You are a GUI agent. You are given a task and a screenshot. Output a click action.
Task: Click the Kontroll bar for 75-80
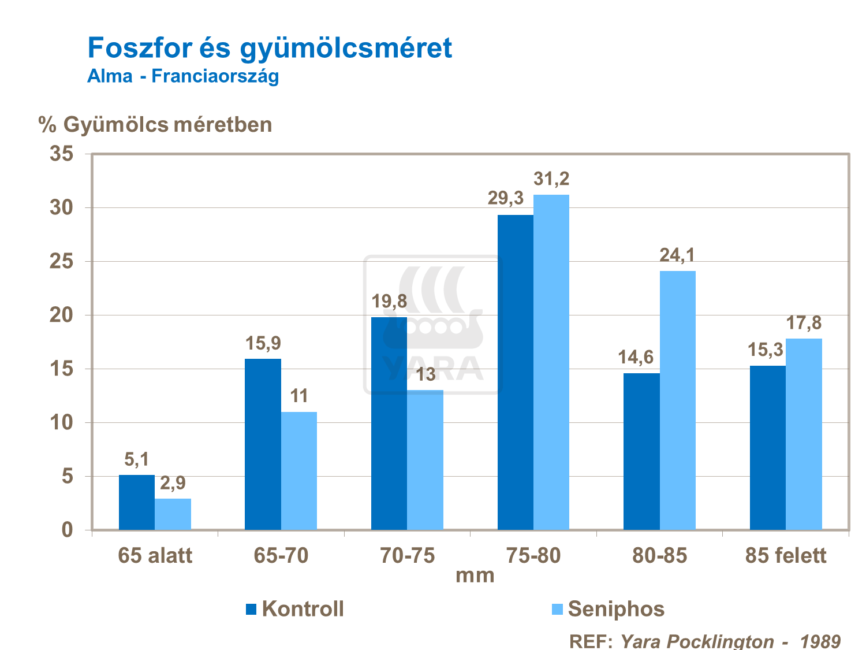pyautogui.click(x=515, y=372)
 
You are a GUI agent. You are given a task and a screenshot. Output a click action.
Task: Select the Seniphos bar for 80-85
pyautogui.click(x=677, y=400)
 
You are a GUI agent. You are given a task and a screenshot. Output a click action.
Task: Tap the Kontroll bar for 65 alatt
pyautogui.click(x=137, y=502)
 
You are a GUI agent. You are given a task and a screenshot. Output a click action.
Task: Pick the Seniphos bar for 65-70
pyautogui.click(x=298, y=470)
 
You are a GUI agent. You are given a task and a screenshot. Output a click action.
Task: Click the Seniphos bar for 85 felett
pyautogui.click(x=804, y=434)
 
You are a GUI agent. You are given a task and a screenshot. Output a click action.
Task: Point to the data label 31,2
pyautogui.click(x=551, y=179)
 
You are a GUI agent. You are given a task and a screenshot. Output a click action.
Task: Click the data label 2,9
pyautogui.click(x=173, y=483)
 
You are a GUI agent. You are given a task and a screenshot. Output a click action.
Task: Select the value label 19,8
pyautogui.click(x=389, y=301)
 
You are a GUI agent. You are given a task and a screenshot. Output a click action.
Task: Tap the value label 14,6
pyautogui.click(x=636, y=357)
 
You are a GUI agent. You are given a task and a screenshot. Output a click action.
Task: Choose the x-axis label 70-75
pyautogui.click(x=407, y=556)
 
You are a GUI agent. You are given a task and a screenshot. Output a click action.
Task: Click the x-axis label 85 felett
pyautogui.click(x=786, y=556)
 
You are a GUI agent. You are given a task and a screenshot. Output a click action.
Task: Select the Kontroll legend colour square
pyautogui.click(x=251, y=609)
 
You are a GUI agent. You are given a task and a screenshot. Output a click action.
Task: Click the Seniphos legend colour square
pyautogui.click(x=557, y=609)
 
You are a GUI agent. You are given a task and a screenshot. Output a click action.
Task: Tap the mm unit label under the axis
pyautogui.click(x=475, y=575)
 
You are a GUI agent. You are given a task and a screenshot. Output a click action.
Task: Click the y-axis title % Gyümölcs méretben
pyautogui.click(x=155, y=125)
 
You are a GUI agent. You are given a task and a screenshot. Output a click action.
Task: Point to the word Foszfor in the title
pyautogui.click(x=139, y=48)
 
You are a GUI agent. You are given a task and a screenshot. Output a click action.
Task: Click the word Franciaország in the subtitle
pyautogui.click(x=215, y=76)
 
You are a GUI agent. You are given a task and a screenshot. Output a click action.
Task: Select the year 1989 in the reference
pyautogui.click(x=820, y=641)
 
